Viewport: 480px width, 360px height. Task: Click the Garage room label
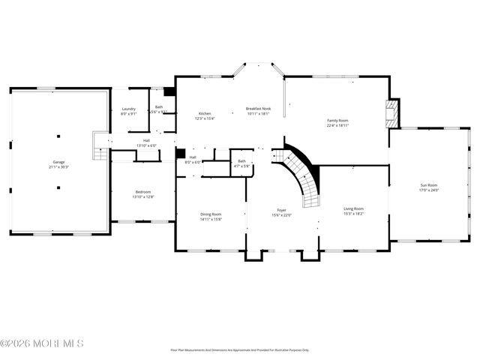coord(58,162)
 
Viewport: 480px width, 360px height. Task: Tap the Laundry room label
coord(128,109)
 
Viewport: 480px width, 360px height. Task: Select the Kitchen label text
coord(205,114)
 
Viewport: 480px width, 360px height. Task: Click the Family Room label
coord(337,121)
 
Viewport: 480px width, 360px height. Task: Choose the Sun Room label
coord(428,184)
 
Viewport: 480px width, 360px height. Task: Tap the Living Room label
coord(353,208)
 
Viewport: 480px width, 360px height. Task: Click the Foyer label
coord(282,211)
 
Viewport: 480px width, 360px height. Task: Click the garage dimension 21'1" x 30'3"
coord(58,167)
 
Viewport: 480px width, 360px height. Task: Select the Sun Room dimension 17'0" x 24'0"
coord(428,190)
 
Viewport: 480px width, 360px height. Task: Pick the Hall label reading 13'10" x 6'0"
coord(147,142)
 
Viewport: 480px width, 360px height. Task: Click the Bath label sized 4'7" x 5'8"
coord(241,163)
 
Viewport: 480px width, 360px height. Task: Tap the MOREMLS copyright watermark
coord(42,343)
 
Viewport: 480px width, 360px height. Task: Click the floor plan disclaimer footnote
coord(240,349)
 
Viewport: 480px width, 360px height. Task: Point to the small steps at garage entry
coord(97,151)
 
